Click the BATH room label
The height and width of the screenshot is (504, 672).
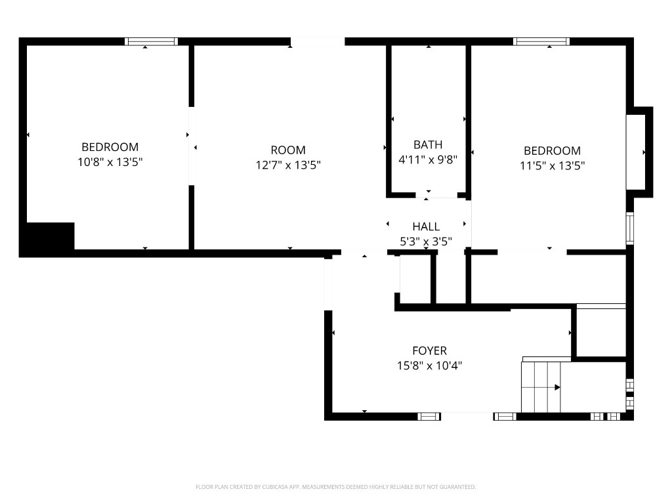click(428, 144)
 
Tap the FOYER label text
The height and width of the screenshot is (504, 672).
click(429, 351)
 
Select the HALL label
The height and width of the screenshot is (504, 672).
click(426, 227)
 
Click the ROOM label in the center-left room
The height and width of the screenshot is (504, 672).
click(288, 150)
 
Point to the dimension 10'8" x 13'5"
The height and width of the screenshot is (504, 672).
click(110, 162)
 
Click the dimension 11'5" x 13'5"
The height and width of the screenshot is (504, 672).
click(552, 166)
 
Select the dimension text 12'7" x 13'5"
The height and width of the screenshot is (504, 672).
click(288, 165)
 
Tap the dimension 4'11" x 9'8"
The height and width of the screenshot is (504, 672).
click(428, 159)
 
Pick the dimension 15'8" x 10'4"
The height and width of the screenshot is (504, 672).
click(429, 366)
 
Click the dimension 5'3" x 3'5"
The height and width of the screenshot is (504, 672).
click(426, 242)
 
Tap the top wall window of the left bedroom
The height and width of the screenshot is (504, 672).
click(152, 41)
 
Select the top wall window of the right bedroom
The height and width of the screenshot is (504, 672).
click(541, 41)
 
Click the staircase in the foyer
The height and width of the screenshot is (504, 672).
click(541, 387)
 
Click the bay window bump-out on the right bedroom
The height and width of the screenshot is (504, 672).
click(640, 152)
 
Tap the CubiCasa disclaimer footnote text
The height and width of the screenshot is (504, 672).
click(335, 487)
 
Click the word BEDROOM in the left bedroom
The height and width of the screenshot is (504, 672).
click(110, 147)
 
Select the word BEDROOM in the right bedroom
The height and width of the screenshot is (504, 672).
click(552, 151)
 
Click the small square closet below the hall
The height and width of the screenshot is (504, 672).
click(415, 279)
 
